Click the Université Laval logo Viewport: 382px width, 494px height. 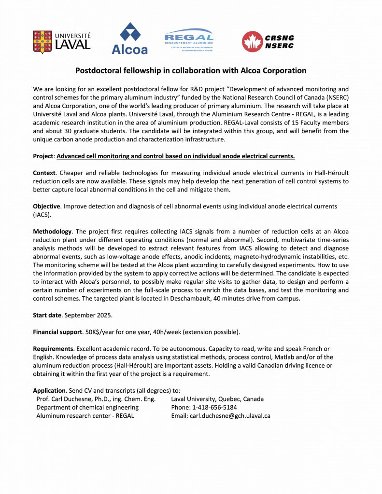61,41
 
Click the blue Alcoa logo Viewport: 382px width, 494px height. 129,39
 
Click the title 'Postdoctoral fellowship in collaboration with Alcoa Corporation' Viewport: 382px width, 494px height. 191,70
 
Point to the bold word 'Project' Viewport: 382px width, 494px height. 44,156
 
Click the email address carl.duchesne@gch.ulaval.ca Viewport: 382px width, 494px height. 230,415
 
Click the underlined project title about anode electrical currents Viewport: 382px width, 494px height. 176,156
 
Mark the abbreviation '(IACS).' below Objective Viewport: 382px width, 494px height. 42,214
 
